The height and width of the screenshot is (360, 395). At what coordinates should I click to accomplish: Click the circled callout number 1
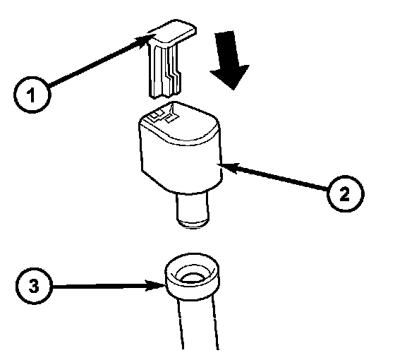tap(32, 95)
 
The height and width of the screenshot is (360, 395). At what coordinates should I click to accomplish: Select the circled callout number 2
tap(345, 193)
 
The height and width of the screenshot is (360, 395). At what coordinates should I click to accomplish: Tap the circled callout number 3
tap(34, 286)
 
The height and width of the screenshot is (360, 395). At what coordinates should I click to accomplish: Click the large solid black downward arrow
tap(231, 61)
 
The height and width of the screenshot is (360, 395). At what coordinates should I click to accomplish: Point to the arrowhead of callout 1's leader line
tap(145, 40)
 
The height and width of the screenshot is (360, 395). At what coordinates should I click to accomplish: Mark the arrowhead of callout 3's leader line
tap(156, 286)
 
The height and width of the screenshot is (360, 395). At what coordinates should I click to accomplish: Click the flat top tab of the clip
tap(173, 32)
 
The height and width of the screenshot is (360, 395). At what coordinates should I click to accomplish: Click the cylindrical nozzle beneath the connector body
tap(193, 209)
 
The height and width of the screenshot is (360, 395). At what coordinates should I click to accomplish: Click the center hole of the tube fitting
tap(192, 277)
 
